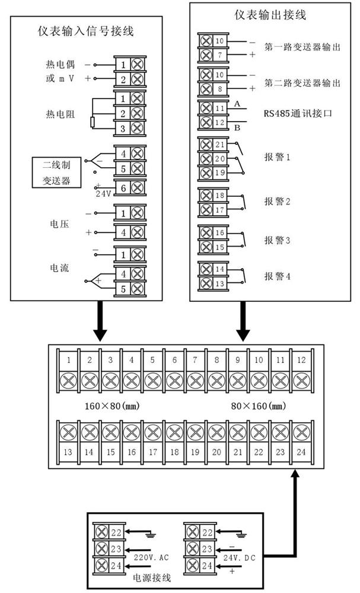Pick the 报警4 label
pos(276,276)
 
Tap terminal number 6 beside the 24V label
pos(123,188)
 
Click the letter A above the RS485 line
pos(237,104)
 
